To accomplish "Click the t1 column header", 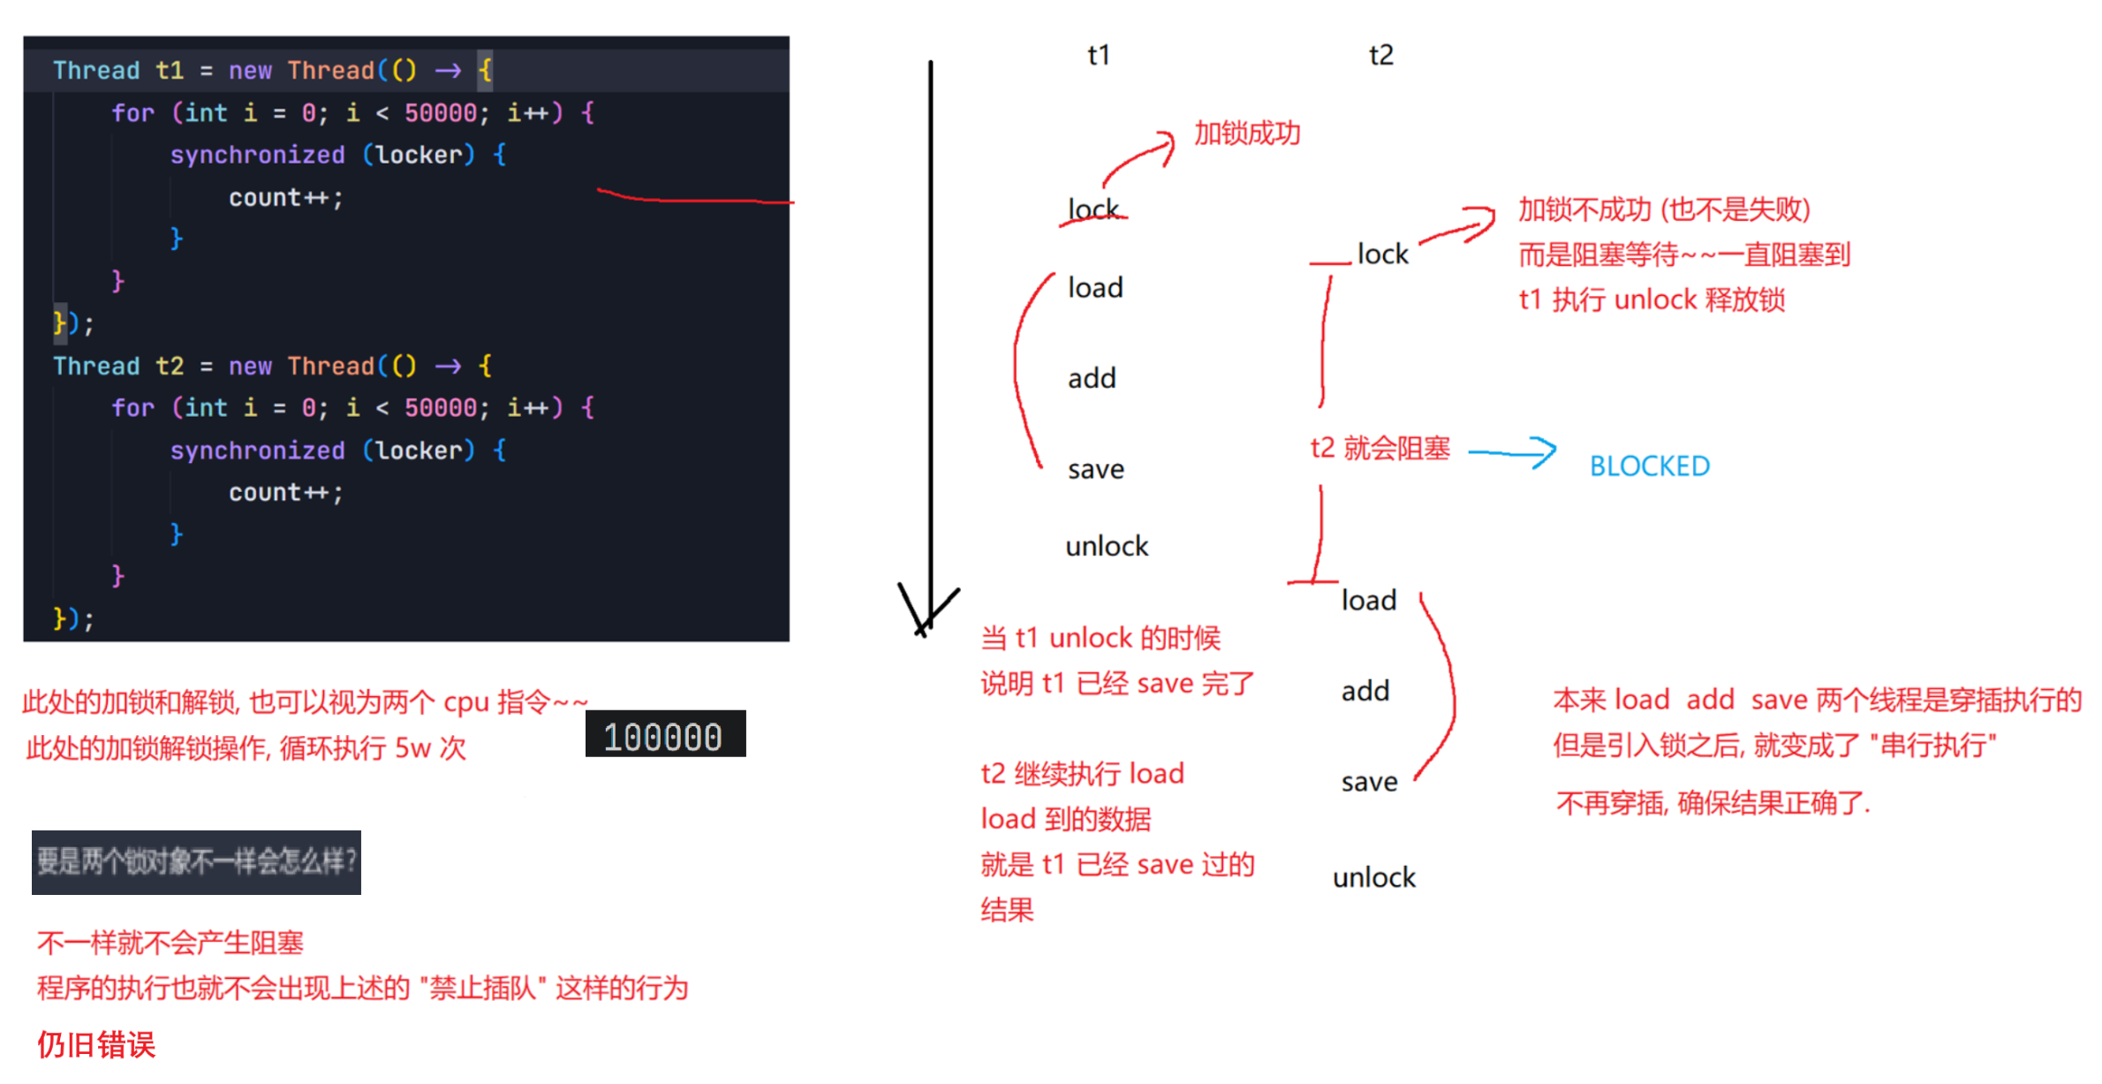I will coord(1098,55).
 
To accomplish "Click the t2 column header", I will coord(1380,55).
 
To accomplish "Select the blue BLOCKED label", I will coord(1649,466).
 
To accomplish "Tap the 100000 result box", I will coord(664,735).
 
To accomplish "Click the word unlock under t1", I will coord(1106,546).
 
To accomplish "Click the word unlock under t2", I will coord(1373,877).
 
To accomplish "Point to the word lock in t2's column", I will coord(1382,254).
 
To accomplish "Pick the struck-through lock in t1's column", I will coord(1093,210).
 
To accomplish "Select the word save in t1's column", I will coord(1095,469).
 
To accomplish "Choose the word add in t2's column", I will coord(1365,691).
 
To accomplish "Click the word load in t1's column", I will coord(1095,288).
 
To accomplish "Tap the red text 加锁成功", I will coord(1247,133).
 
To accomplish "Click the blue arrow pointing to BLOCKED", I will coord(1511,452).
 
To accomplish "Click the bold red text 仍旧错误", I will coord(96,1045).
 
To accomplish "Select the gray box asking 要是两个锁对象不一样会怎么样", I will coord(196,861).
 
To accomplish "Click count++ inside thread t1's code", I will coord(284,198).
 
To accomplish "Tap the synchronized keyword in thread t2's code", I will coord(257,451).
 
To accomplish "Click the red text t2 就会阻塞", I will coord(1380,448).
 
